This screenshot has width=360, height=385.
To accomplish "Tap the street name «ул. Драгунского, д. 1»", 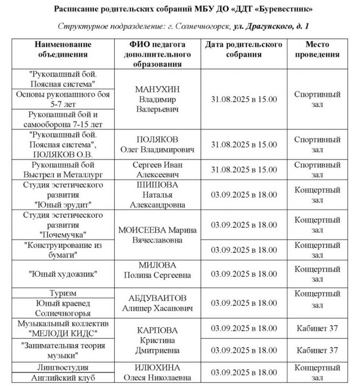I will coord(264,26).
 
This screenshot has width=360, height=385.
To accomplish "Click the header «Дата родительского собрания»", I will coord(244,50).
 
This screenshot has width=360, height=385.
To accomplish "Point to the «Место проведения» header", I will coord(322,50).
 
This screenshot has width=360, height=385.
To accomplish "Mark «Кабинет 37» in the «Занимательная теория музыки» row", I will coord(322,350).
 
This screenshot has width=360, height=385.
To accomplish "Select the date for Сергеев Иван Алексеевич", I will coord(244,170).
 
